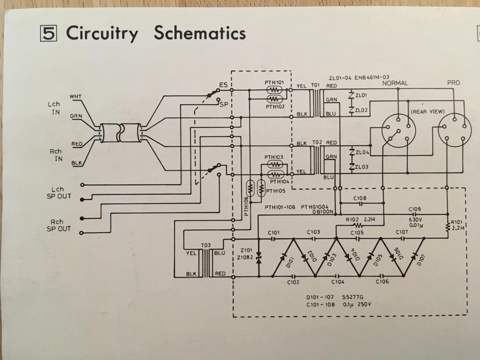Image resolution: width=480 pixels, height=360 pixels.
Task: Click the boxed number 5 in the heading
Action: (x=49, y=34)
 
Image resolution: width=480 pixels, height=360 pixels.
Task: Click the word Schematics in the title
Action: (x=200, y=34)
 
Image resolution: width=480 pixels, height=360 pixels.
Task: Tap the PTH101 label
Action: (x=274, y=83)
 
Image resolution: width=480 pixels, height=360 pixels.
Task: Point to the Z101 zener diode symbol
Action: (x=258, y=258)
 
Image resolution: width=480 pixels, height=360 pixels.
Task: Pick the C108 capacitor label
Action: (x=360, y=198)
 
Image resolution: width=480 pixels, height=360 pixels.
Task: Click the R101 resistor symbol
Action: (x=447, y=226)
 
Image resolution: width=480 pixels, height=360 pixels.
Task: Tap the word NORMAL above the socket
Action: (x=395, y=83)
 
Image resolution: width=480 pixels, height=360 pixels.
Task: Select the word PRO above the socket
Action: (x=453, y=83)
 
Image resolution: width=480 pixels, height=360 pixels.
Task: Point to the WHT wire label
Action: (x=75, y=96)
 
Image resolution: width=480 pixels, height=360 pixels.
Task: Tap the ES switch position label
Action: (x=223, y=85)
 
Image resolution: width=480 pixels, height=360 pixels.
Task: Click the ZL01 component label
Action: (x=361, y=95)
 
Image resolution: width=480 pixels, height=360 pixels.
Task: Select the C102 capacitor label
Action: (x=293, y=282)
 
